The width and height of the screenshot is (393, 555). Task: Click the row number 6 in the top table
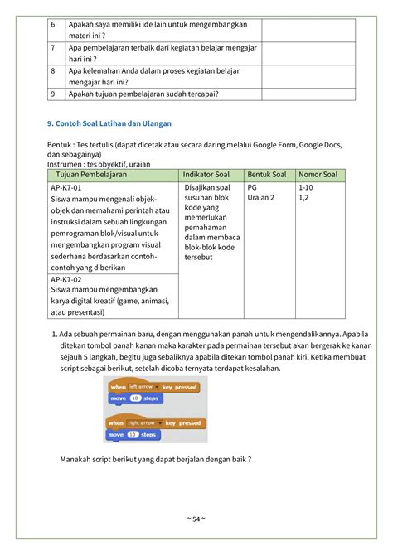click(51, 26)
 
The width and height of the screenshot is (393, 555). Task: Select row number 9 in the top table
click(51, 94)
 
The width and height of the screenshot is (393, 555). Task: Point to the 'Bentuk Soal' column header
click(267, 175)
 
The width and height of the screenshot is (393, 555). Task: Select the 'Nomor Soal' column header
click(318, 175)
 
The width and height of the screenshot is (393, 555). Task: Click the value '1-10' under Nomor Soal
click(305, 188)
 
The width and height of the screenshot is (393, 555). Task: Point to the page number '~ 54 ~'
click(196, 519)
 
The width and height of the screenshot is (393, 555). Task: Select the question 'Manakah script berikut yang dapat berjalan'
click(156, 460)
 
